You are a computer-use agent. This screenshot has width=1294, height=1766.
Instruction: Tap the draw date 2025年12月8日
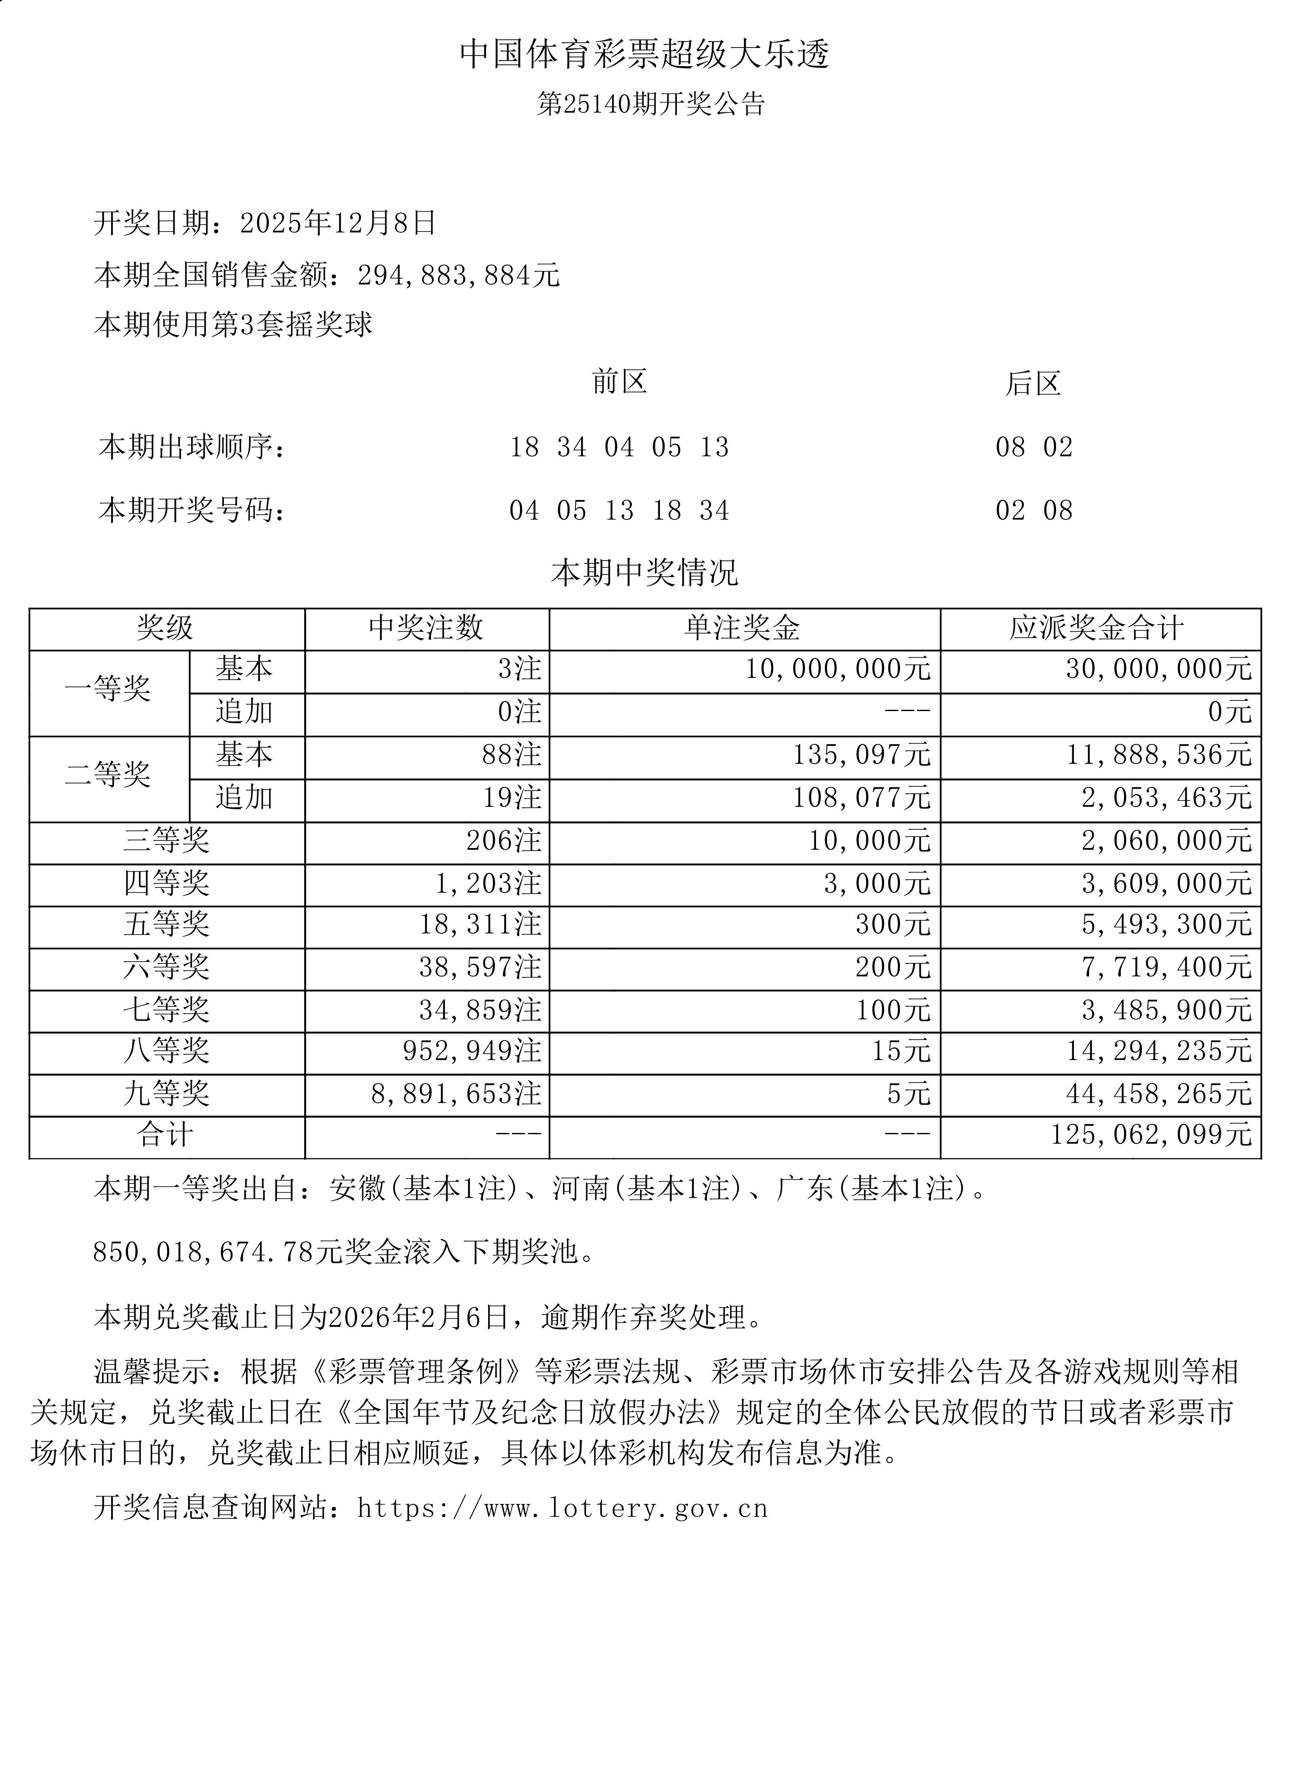338,223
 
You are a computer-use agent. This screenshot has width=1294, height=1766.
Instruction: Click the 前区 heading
619,382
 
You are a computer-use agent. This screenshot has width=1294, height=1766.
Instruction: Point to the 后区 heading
1033,384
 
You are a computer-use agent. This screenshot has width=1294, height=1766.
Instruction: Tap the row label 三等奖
166,840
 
